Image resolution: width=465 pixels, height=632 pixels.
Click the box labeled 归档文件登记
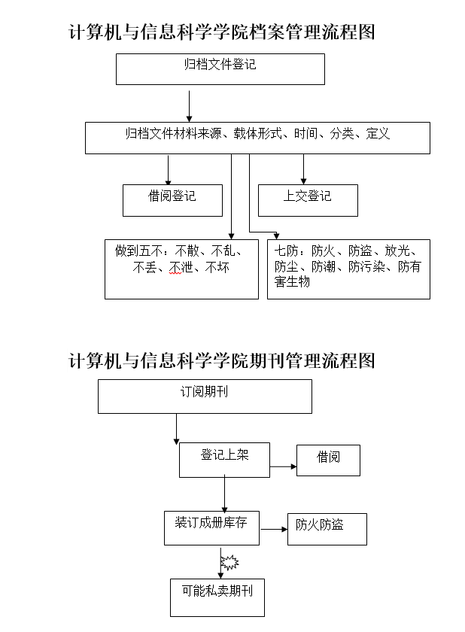coord(220,68)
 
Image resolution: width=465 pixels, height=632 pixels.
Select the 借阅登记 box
coord(172,200)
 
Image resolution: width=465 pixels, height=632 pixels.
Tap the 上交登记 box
coord(307,200)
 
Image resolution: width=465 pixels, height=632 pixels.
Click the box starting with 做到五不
coord(181,269)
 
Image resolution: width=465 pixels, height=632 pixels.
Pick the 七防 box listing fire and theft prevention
coord(348,269)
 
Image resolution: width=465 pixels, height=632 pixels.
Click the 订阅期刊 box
coord(205,396)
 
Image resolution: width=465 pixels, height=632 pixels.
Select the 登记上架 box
coord(224,459)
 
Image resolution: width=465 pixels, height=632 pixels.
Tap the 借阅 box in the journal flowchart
coord(328,460)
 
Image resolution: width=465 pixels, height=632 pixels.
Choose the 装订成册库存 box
coord(211,527)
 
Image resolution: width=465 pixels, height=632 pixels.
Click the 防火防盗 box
coord(327,529)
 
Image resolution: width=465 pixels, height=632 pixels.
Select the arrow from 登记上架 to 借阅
coord(283,466)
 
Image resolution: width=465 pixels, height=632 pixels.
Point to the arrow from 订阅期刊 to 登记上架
coord(176,429)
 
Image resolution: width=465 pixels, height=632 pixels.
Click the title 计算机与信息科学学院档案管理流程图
coord(221,32)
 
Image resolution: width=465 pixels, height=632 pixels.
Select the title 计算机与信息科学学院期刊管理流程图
coord(221,360)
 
